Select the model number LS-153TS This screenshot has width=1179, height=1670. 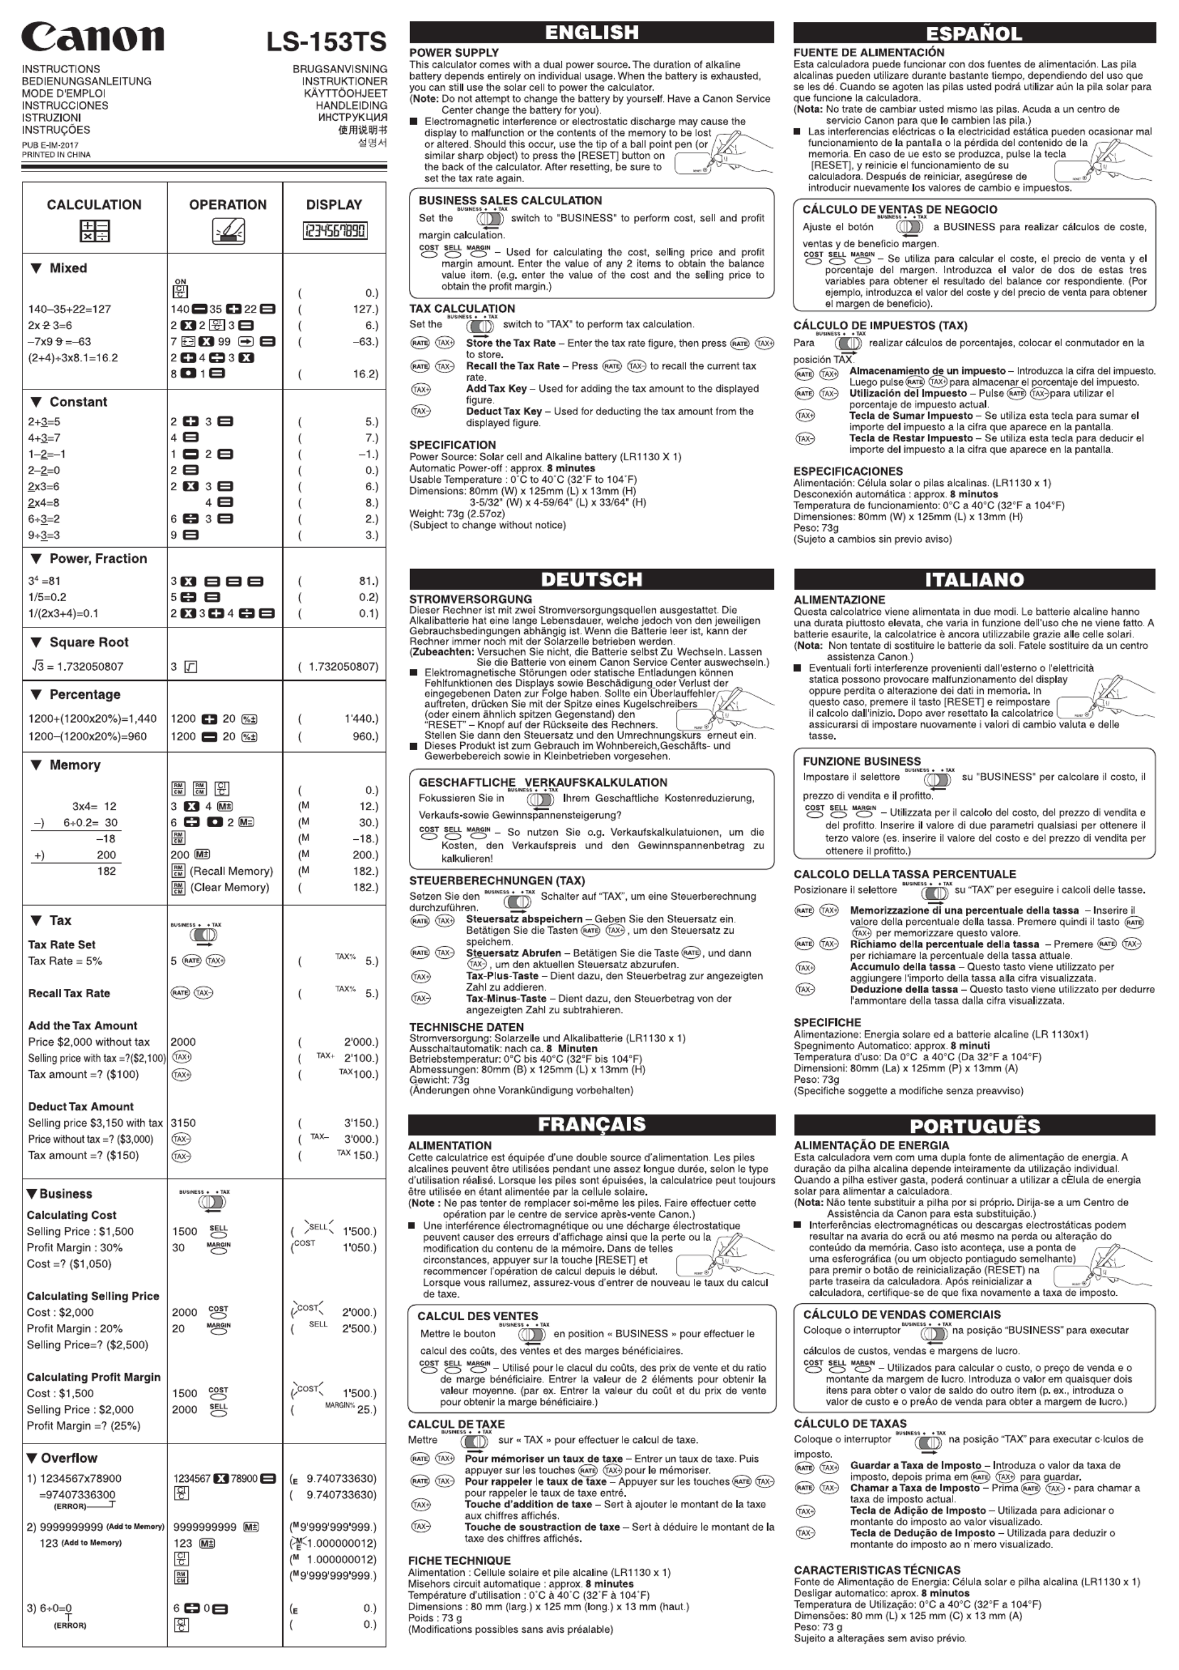[326, 42]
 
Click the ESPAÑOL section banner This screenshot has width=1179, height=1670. [974, 33]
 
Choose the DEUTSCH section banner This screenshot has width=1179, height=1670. [591, 579]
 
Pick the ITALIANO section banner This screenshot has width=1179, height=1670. [974, 579]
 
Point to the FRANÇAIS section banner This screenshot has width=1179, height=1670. [591, 1124]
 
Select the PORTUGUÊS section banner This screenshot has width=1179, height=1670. [974, 1125]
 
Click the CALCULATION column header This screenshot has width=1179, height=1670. [94, 205]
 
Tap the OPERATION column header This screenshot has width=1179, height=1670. [228, 205]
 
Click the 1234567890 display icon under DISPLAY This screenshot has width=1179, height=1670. [334, 231]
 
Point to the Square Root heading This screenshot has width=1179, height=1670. [88, 642]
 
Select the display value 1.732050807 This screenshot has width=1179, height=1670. [342, 667]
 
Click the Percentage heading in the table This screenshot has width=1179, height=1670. [84, 695]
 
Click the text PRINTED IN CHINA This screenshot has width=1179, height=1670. [56, 155]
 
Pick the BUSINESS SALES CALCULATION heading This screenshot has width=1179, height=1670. [510, 201]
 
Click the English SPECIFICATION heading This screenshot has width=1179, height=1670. [452, 445]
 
